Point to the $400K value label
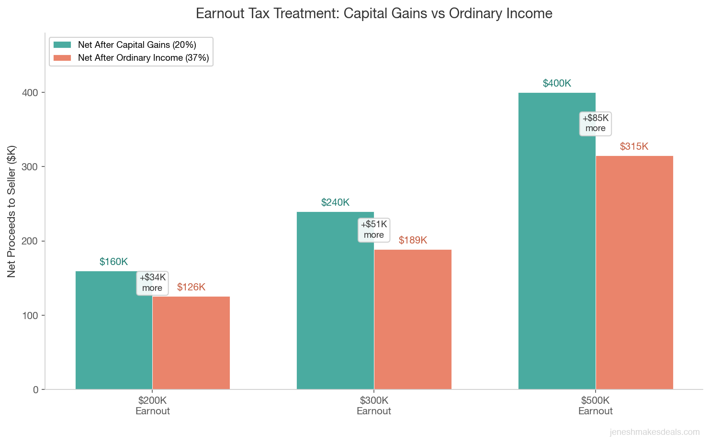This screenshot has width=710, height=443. click(557, 83)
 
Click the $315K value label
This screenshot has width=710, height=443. click(634, 146)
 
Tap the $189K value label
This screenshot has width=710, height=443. click(413, 240)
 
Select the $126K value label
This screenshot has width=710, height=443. click(191, 287)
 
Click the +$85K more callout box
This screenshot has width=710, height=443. click(596, 123)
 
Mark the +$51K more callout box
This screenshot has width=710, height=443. click(374, 230)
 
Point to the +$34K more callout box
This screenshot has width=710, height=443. click(152, 283)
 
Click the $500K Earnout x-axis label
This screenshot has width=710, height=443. click(596, 406)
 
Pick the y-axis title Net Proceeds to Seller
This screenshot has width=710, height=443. click(11, 211)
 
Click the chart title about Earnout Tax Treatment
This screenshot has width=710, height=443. click(374, 13)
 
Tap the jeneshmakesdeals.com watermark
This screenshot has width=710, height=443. click(654, 432)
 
